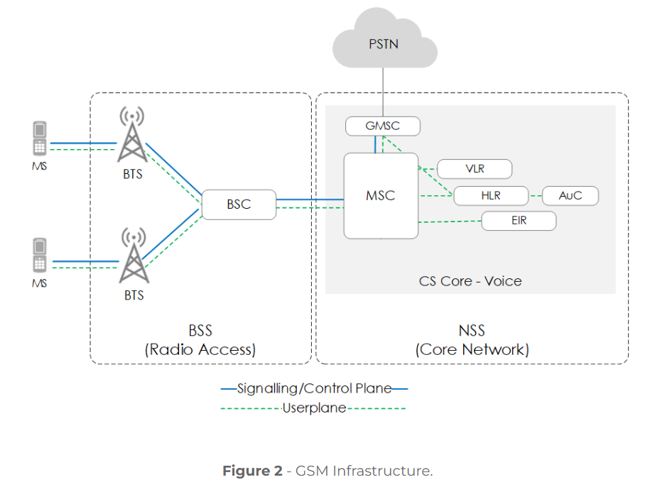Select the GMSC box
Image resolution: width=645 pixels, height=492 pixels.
(x=382, y=126)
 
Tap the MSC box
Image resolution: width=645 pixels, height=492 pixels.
(x=380, y=195)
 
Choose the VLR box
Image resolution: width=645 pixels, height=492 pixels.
(x=475, y=169)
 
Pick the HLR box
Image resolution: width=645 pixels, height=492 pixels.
(x=491, y=195)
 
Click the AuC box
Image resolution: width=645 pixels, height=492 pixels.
(x=570, y=195)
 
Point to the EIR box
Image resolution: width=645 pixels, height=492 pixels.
(x=519, y=221)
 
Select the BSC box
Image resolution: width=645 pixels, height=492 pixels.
(x=239, y=204)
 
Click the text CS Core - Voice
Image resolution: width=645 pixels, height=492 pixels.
(x=470, y=281)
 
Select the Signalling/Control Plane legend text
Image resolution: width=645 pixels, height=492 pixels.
(x=314, y=388)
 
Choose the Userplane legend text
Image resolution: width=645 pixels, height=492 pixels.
(x=314, y=408)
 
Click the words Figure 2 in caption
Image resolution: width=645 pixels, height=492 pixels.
(x=252, y=471)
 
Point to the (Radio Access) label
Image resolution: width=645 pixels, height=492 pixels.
(x=200, y=349)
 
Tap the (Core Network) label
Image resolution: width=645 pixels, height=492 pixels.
(x=472, y=349)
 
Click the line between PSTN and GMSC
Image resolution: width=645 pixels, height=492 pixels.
(x=383, y=92)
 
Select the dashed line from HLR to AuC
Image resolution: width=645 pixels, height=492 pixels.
(x=536, y=195)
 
